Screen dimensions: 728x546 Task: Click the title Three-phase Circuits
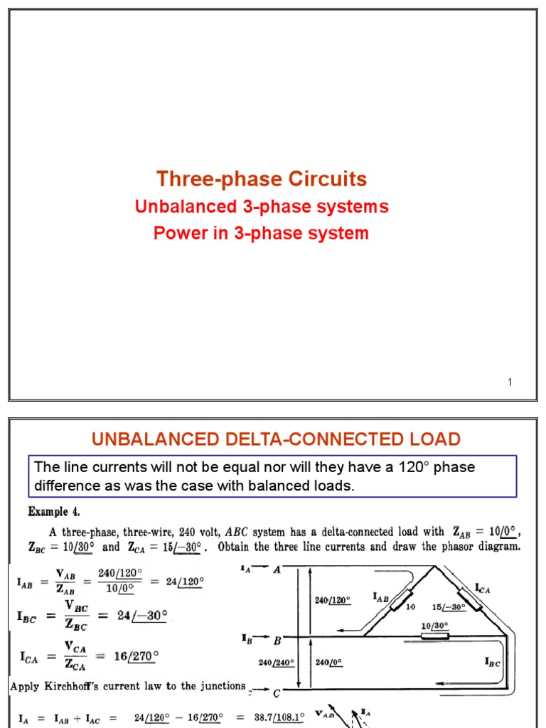pos(262,178)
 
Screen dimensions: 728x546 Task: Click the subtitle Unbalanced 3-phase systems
pos(262,207)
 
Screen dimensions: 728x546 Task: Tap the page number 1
pos(510,383)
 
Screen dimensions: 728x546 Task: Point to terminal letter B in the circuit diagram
pos(277,637)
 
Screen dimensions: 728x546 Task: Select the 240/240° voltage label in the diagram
pos(276,663)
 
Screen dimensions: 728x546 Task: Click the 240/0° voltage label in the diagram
pos(328,663)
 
